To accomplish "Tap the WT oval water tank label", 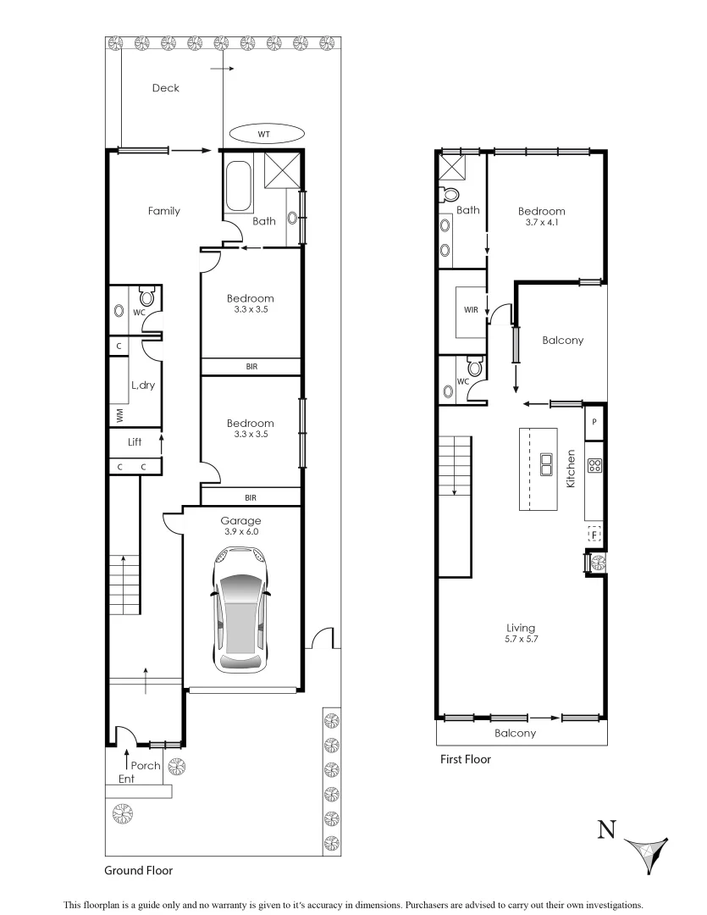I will (264, 134).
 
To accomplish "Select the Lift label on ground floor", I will (134, 441).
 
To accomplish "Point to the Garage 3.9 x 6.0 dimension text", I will (240, 532).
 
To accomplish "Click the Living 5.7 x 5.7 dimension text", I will (520, 640).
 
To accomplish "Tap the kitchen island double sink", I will (547, 464).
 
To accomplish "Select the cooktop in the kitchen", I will (594, 464).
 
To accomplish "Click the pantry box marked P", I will (594, 422).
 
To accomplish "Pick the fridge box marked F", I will (594, 534).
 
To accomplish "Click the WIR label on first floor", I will (472, 310).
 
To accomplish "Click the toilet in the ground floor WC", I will (146, 297).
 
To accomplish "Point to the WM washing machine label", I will (120, 416).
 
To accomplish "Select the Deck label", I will (165, 87).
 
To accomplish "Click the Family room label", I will (163, 211).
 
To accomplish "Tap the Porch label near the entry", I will (146, 765).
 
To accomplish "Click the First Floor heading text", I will (465, 760).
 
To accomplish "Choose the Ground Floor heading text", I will (139, 870).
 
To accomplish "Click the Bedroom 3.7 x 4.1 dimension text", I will (541, 224).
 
